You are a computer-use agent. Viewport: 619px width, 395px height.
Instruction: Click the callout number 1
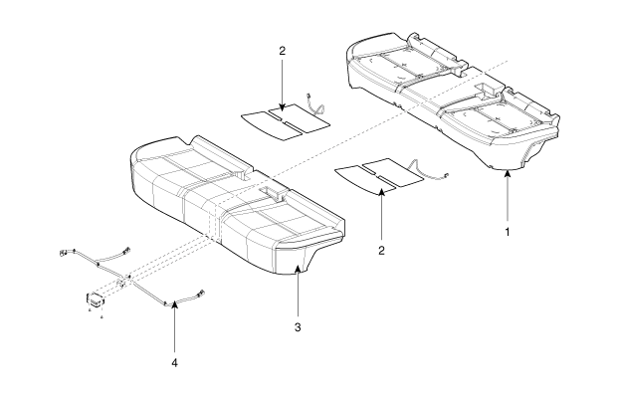(x=508, y=232)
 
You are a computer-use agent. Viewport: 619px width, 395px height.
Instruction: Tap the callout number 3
(x=298, y=327)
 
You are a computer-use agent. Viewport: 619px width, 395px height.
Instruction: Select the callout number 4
(x=174, y=362)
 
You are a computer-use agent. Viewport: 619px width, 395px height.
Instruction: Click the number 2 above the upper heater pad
(x=282, y=51)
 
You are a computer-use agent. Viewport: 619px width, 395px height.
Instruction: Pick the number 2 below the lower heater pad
(x=381, y=250)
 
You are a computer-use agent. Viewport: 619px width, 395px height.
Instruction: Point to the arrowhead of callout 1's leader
(x=508, y=174)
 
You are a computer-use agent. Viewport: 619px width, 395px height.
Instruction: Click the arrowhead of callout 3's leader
(x=298, y=269)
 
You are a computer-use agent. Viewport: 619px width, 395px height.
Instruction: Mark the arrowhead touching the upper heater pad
(x=282, y=106)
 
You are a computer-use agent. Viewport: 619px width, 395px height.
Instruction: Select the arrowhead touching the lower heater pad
(x=381, y=193)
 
